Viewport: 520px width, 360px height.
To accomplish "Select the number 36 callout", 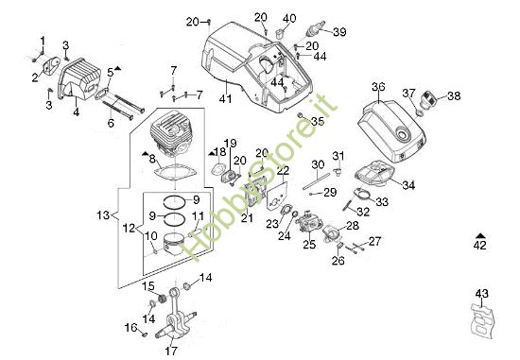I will [x=378, y=89].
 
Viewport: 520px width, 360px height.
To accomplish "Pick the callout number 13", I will [x=105, y=216].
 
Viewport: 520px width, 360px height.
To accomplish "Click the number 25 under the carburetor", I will [x=308, y=245].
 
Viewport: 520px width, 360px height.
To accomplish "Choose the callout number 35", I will [x=318, y=121].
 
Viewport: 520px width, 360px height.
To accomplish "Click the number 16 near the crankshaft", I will [x=130, y=327].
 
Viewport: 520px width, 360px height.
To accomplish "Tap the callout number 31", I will [x=338, y=156].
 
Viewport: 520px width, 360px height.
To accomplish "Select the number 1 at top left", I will [x=42, y=39].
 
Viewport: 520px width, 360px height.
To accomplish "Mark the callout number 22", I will [x=282, y=170].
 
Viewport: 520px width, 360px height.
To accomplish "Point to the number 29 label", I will [x=330, y=192].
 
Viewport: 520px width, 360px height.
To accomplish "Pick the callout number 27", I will [x=374, y=242].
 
